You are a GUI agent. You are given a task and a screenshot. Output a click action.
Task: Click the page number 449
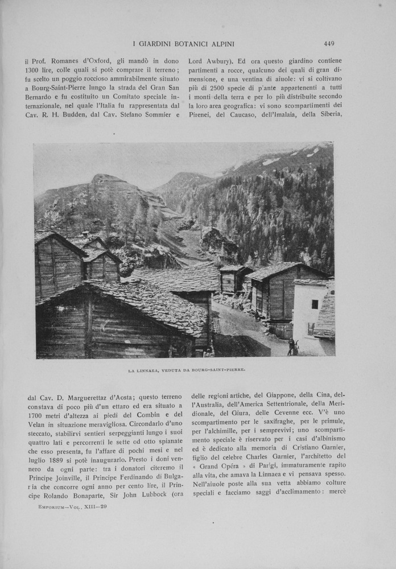(x=329, y=43)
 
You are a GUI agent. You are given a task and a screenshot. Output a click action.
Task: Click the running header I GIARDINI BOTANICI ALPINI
(x=183, y=44)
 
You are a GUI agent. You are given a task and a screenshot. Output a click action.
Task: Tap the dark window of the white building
(x=315, y=304)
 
